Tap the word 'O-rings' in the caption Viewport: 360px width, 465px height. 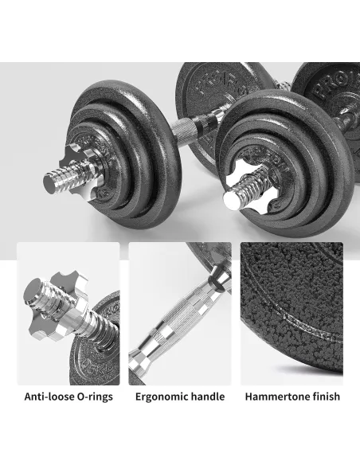point(95,397)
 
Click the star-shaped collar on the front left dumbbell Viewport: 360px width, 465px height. point(80,170)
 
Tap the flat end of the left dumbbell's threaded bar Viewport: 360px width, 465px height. point(50,183)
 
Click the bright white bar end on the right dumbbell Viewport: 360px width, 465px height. point(232,200)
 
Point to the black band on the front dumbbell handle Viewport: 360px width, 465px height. point(202,121)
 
